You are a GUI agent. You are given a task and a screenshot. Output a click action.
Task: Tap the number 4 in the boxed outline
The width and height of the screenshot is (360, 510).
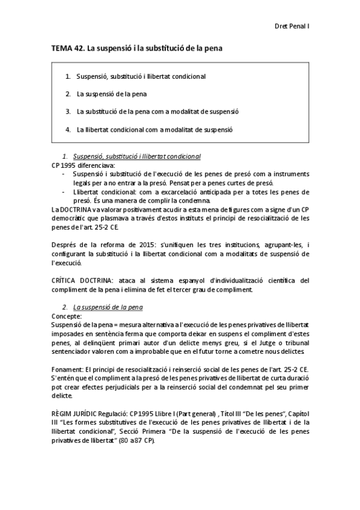[69, 129]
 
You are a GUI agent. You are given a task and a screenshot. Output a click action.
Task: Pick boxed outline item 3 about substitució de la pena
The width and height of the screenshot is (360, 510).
[157, 112]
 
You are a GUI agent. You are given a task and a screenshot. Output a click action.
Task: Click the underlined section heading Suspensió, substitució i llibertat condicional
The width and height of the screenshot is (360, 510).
[136, 156]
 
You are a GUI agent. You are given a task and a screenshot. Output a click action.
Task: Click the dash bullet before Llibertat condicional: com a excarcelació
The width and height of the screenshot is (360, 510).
[64, 191]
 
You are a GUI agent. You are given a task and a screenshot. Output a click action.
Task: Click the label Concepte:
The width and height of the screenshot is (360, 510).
[67, 315]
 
